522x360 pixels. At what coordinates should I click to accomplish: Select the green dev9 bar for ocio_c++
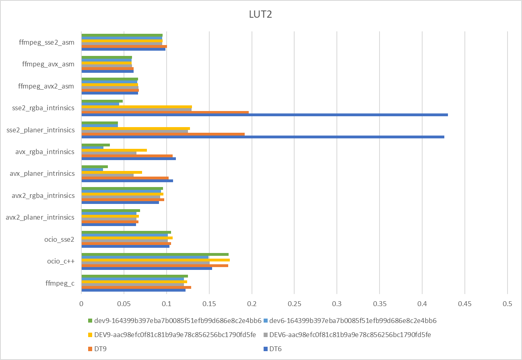tap(155, 254)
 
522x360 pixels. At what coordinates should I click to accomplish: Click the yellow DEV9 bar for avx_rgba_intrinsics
tap(114, 150)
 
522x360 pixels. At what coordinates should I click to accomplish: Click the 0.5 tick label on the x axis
tap(507, 304)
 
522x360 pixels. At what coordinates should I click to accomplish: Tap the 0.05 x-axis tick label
tap(124, 304)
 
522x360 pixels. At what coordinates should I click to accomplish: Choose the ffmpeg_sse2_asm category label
tap(47, 42)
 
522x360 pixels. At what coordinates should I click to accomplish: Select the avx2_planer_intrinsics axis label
tap(40, 218)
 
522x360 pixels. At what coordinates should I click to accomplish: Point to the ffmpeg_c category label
tap(60, 284)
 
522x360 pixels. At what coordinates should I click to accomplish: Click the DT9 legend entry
tap(101, 349)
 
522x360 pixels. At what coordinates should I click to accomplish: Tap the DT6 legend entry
tap(275, 349)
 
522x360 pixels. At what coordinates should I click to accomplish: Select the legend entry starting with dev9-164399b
tap(177, 321)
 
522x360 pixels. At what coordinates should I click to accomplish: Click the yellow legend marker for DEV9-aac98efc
tap(90, 335)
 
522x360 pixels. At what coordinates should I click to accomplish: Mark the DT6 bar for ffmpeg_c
tap(133, 290)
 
